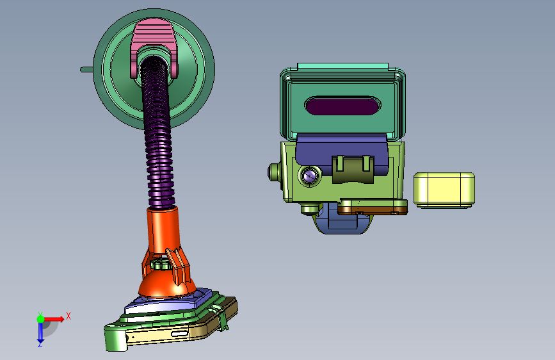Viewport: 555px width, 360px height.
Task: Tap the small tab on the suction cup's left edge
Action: tap(86, 69)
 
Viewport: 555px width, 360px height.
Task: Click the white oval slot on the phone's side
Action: tap(180, 334)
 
